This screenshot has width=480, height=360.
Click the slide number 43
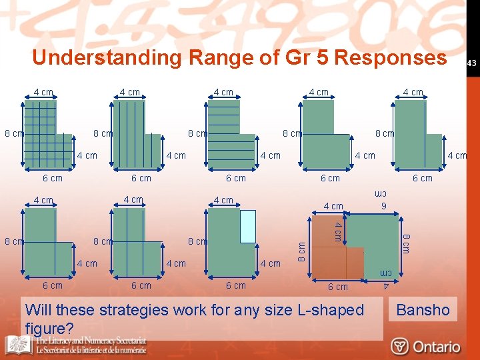pos(471,63)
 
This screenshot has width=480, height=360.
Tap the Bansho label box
pos(423,309)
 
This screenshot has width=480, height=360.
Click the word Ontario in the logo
pos(436,347)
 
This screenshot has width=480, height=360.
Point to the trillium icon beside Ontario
pos(400,347)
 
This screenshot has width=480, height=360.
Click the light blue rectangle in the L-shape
pos(247,226)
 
